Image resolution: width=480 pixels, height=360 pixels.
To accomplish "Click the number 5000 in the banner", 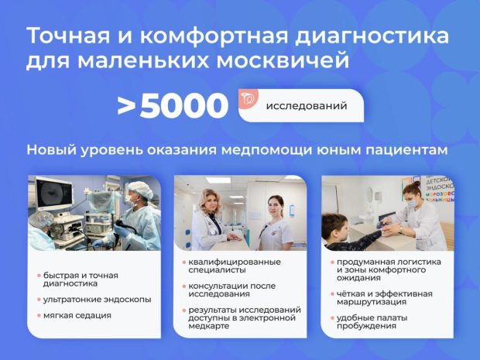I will [x=184, y=106].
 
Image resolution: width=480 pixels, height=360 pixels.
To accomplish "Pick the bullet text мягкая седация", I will [x=78, y=315].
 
